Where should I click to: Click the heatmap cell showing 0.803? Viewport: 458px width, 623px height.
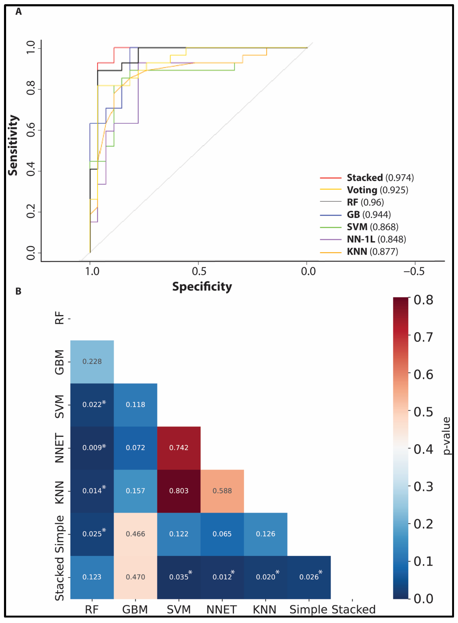[x=179, y=491]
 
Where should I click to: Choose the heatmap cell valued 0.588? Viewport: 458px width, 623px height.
[x=222, y=491]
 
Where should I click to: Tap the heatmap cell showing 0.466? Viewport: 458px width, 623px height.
[x=135, y=534]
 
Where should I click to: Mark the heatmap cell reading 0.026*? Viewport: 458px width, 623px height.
[x=309, y=577]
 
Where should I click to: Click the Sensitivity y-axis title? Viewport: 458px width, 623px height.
[x=13, y=145]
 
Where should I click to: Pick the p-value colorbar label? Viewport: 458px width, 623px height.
[x=446, y=436]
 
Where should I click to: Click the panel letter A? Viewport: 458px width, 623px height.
[x=18, y=12]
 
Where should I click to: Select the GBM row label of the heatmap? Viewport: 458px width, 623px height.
[x=59, y=362]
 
